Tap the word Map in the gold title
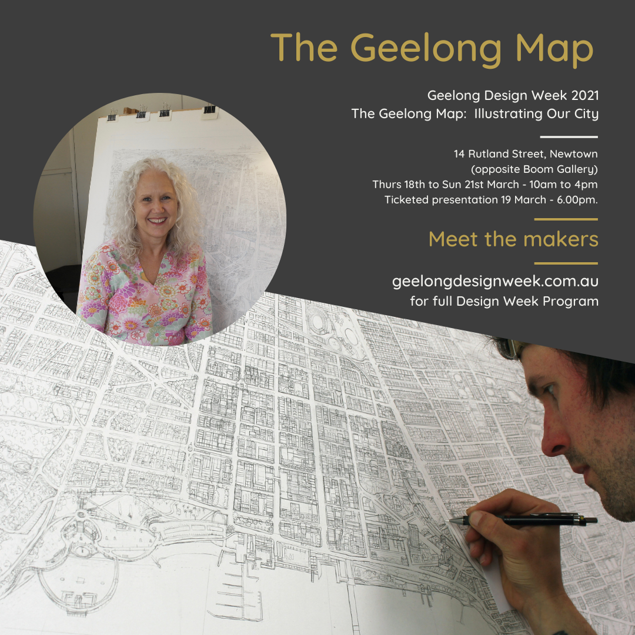(550, 49)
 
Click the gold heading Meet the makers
(513, 239)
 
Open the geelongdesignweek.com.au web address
(495, 282)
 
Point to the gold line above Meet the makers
(566, 219)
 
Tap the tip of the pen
(448, 520)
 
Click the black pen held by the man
(529, 520)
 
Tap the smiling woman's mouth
(157, 221)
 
